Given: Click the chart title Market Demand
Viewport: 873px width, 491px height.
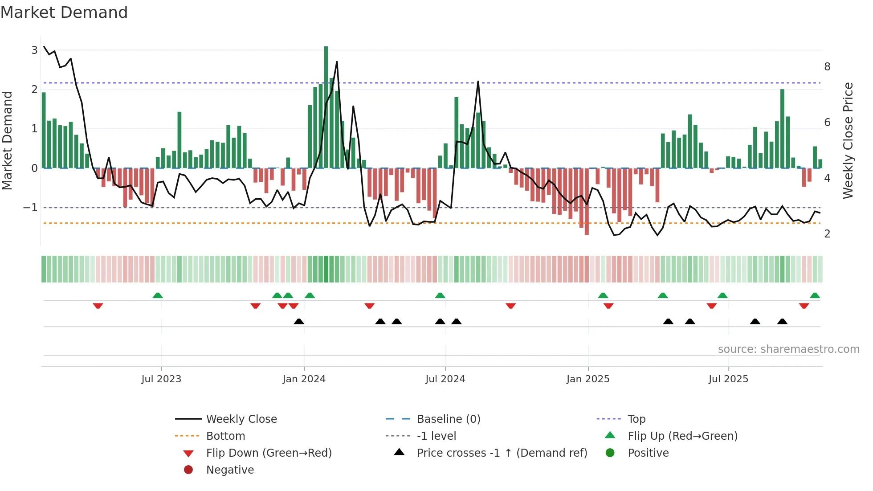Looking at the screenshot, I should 64,12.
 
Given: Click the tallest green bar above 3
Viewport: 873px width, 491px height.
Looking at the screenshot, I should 326,107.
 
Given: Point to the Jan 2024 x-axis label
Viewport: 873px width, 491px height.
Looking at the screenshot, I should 304,379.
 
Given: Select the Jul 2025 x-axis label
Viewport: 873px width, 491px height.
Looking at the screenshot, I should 728,379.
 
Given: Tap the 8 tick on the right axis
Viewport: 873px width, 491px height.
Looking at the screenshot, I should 827,67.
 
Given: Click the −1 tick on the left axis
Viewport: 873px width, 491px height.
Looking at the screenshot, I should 30,208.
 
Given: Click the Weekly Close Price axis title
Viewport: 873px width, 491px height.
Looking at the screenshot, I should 848,140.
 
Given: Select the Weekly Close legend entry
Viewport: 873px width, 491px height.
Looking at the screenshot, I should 241,419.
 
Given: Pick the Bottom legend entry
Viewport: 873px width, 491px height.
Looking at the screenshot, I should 225,436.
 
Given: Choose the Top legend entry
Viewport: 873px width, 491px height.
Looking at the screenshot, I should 636,419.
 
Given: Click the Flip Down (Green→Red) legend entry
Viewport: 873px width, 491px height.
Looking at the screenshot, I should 269,453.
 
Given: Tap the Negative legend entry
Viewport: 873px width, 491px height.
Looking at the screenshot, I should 230,470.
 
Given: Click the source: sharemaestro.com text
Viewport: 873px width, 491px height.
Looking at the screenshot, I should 788,349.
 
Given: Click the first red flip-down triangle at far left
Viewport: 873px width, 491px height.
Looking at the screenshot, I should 98,306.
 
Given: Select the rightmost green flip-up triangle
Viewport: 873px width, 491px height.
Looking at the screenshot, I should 815,295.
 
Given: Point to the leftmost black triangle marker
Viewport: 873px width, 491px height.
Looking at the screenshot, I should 299,321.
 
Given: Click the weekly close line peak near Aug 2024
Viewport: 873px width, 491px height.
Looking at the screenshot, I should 478,82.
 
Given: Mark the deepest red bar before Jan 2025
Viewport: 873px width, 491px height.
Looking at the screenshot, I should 587,201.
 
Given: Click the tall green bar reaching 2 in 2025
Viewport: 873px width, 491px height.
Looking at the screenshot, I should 782,129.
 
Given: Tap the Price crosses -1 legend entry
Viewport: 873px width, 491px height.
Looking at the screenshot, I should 502,453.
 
